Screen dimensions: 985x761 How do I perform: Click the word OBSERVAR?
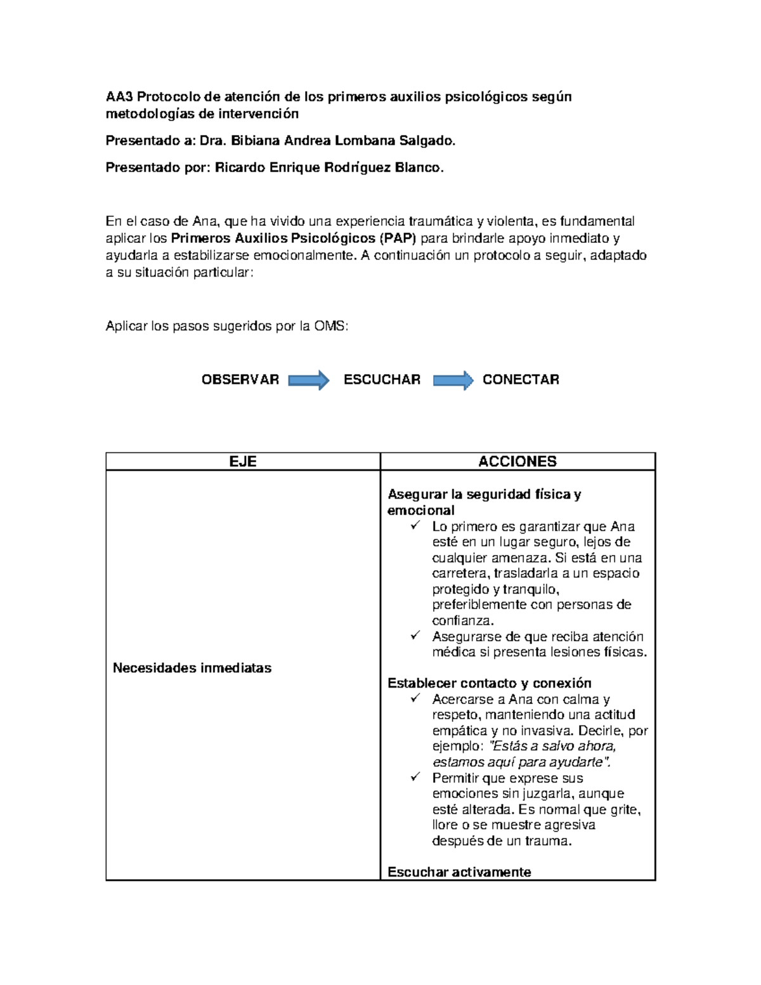point(240,379)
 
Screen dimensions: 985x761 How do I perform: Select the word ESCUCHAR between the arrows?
point(382,379)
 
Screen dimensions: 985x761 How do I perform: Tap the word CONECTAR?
point(521,379)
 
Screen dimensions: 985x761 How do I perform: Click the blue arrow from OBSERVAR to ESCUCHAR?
point(309,380)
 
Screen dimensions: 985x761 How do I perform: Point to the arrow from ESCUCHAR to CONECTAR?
point(453,380)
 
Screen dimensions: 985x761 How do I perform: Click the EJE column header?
point(243,461)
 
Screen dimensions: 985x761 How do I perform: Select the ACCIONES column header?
point(517,461)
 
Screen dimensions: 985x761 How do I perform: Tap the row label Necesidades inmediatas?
point(192,668)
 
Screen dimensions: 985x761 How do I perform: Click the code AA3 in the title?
point(119,97)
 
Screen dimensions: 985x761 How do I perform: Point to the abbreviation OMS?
point(331,326)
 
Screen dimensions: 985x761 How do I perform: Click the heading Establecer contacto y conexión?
point(489,683)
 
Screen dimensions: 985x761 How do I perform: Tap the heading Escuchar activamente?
point(459,872)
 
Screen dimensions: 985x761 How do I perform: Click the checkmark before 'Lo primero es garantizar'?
point(415,526)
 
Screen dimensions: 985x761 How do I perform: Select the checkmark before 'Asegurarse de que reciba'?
point(415,636)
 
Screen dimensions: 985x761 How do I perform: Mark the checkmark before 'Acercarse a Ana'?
point(415,698)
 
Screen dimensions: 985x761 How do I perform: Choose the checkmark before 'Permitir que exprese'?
point(415,777)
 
